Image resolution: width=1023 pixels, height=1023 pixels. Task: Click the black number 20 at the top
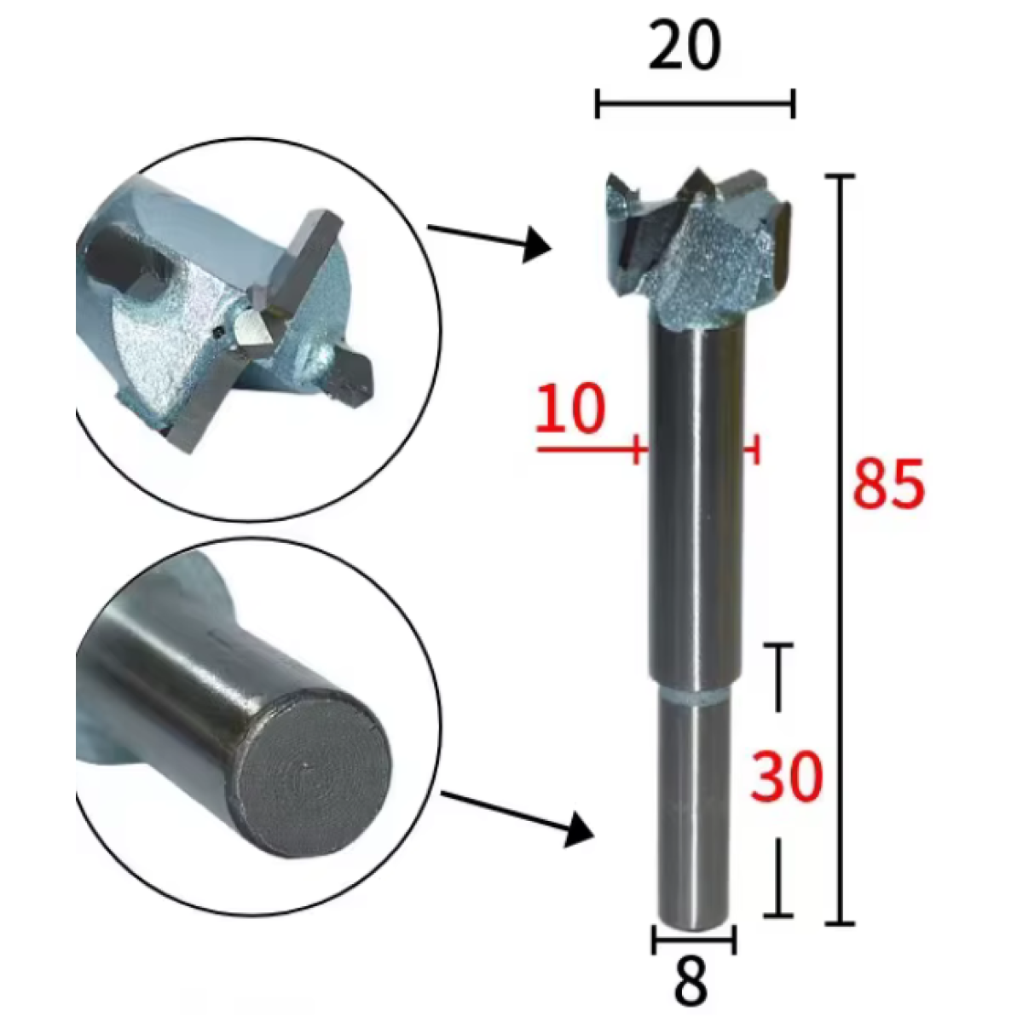coord(685,46)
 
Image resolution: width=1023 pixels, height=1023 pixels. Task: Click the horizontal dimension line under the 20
coord(695,103)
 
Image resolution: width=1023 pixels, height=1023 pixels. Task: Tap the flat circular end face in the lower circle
coord(312,779)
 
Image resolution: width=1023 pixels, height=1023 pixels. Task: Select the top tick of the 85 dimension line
coord(840,176)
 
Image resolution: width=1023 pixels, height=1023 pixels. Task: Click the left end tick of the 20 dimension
coord(598,103)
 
